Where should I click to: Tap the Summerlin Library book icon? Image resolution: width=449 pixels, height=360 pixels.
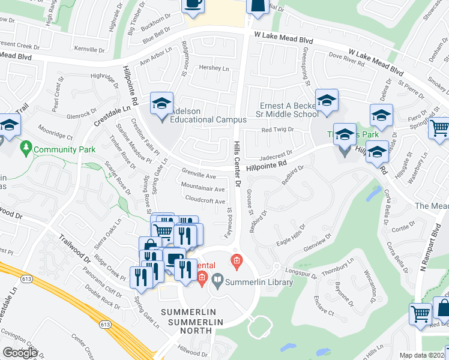point(217,280)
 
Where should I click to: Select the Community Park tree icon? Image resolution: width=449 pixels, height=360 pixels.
point(25,147)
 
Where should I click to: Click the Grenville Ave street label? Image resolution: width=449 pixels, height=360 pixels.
point(198,176)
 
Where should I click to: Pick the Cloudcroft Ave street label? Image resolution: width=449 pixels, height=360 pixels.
point(205,201)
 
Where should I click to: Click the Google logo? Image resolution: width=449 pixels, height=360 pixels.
point(20,352)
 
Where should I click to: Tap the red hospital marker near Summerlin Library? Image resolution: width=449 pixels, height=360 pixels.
point(237,261)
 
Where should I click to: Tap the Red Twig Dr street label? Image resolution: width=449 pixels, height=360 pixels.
point(277,129)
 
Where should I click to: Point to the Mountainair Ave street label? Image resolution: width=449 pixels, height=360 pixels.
point(202,188)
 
